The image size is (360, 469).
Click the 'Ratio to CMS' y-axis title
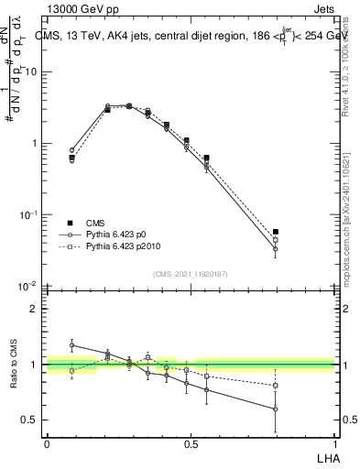point(13,365)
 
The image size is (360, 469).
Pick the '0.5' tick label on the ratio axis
point(32,420)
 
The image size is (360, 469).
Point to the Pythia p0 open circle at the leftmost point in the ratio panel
point(71,345)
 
